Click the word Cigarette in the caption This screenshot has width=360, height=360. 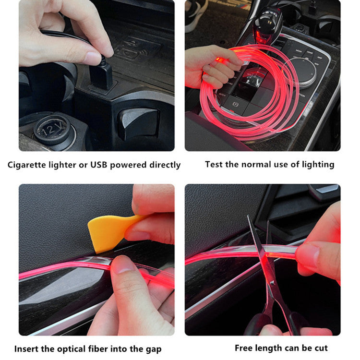(x=30, y=165)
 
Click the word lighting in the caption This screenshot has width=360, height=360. (x=318, y=165)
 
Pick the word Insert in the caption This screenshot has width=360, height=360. (x=27, y=349)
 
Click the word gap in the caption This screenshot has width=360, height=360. (x=153, y=349)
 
